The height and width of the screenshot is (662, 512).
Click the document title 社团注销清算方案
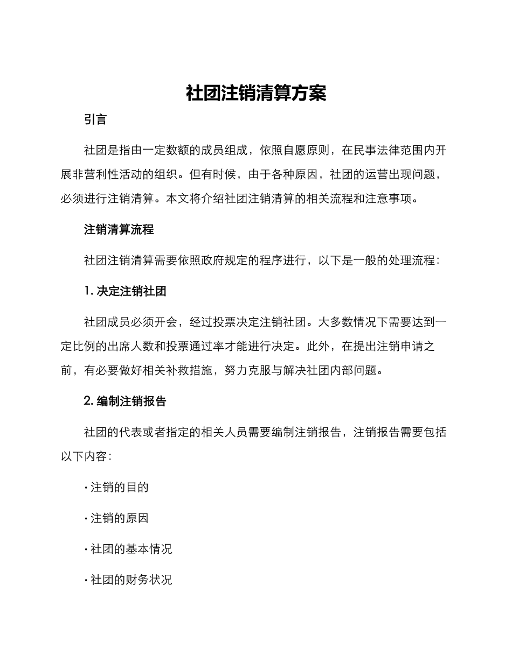coord(256,93)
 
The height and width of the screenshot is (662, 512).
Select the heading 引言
coord(95,119)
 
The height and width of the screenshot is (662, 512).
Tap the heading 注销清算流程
coord(119,229)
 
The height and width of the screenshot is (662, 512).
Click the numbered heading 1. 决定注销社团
coord(125,291)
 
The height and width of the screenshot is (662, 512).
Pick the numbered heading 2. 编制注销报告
coord(125,401)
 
